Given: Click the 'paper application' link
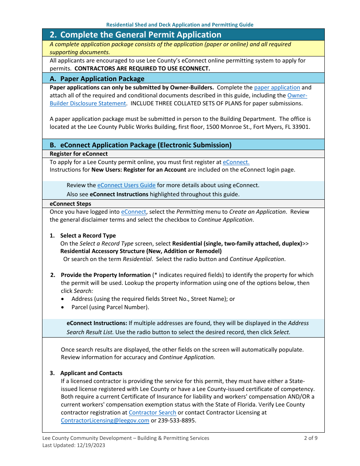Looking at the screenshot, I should point(277,88).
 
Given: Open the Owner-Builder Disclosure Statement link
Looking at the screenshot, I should point(88,103).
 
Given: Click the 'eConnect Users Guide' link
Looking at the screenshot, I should point(126,185).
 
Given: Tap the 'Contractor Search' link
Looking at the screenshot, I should point(152,413).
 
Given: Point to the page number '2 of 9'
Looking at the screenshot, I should point(310,438).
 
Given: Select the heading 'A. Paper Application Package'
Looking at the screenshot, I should point(97,79).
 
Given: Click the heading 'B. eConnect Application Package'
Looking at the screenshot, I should point(140,145).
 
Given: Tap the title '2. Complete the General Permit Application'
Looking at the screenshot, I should point(135,35).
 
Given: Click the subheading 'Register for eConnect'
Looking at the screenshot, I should point(79,154).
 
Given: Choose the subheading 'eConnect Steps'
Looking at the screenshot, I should point(70,204).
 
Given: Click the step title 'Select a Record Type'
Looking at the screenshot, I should point(88,236).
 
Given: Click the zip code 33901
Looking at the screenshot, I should point(302,127).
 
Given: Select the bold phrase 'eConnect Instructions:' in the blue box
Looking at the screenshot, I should point(97,323).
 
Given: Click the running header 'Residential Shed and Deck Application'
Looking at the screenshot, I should point(180,25).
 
